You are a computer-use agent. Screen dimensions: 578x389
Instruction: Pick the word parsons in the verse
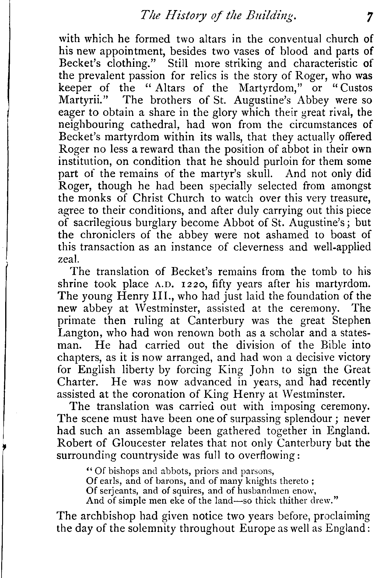point(258,472)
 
